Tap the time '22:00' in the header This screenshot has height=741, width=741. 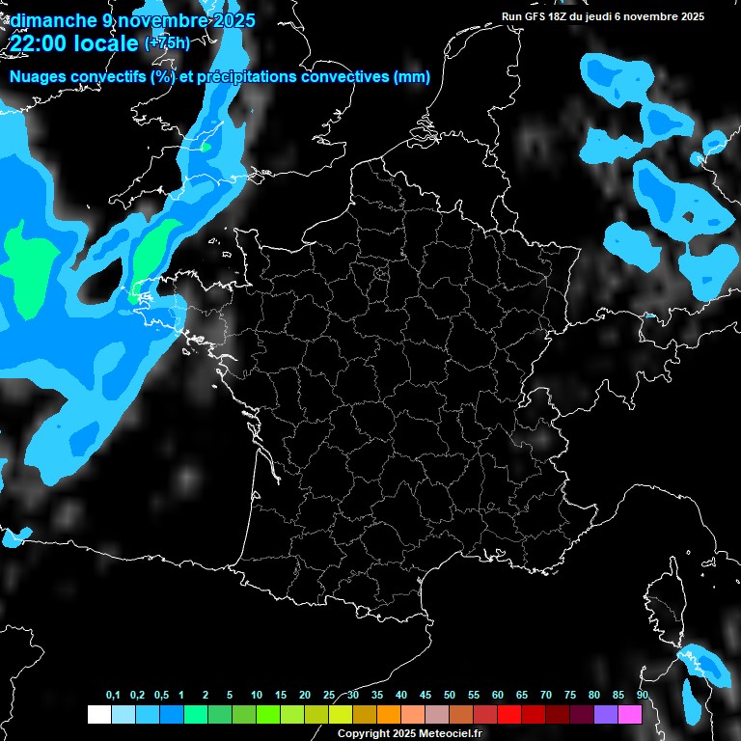(40, 42)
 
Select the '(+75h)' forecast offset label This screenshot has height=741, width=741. (167, 42)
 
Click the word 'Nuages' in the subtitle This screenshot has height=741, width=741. (38, 77)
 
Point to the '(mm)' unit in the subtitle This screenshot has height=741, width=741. (411, 77)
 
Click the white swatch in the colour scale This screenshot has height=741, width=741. (98, 714)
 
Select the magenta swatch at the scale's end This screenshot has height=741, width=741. (630, 714)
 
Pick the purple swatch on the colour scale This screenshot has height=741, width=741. (606, 714)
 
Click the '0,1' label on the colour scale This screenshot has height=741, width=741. (112, 696)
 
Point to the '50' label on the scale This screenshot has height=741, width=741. (450, 696)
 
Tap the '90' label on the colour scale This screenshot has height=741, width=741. (643, 696)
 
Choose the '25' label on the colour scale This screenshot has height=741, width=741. (329, 696)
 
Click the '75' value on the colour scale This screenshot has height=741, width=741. (570, 696)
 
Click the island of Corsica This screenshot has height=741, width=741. (664, 608)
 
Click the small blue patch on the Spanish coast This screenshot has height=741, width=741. (13, 536)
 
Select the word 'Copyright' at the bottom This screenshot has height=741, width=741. (363, 734)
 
